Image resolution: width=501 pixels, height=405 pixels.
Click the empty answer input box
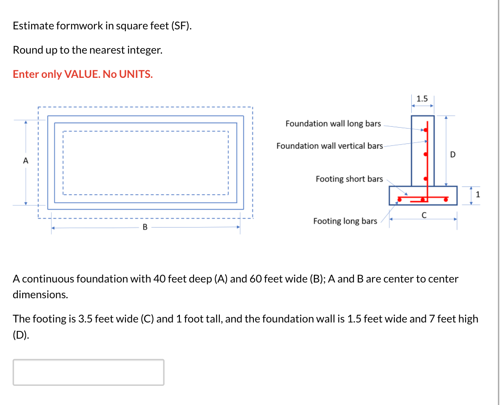pos(88,372)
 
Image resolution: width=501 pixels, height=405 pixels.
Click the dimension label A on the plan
pos(26,161)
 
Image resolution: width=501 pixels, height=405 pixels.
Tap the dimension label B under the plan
pos(145,227)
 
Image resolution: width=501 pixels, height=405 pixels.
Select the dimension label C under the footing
pos(424,215)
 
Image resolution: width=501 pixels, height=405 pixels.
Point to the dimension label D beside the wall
pos(452,154)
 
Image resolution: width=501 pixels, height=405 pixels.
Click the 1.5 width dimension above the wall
pos(422,99)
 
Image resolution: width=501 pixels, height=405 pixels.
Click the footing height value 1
pos(478,195)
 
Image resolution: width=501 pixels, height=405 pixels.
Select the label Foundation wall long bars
pos(333,123)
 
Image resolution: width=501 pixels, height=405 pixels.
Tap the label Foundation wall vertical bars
pos(330,146)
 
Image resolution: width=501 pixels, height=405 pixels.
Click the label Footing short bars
pos(349,179)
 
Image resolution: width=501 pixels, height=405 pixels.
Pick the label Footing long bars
pos(345,221)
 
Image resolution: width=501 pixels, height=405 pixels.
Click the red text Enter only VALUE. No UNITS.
pos(83,74)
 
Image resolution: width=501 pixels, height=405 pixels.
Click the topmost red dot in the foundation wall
pos(425,129)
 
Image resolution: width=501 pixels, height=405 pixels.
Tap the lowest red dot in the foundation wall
pos(425,179)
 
